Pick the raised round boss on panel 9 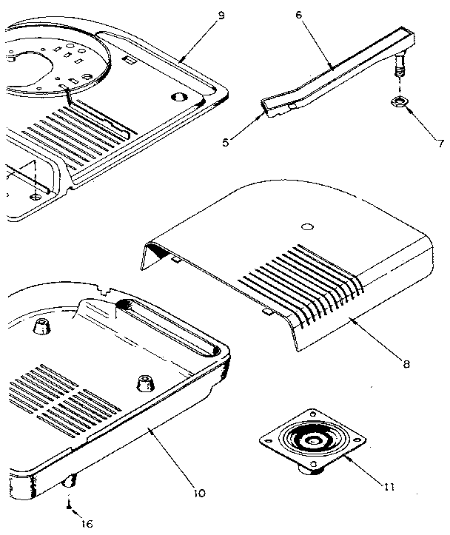point(178,97)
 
